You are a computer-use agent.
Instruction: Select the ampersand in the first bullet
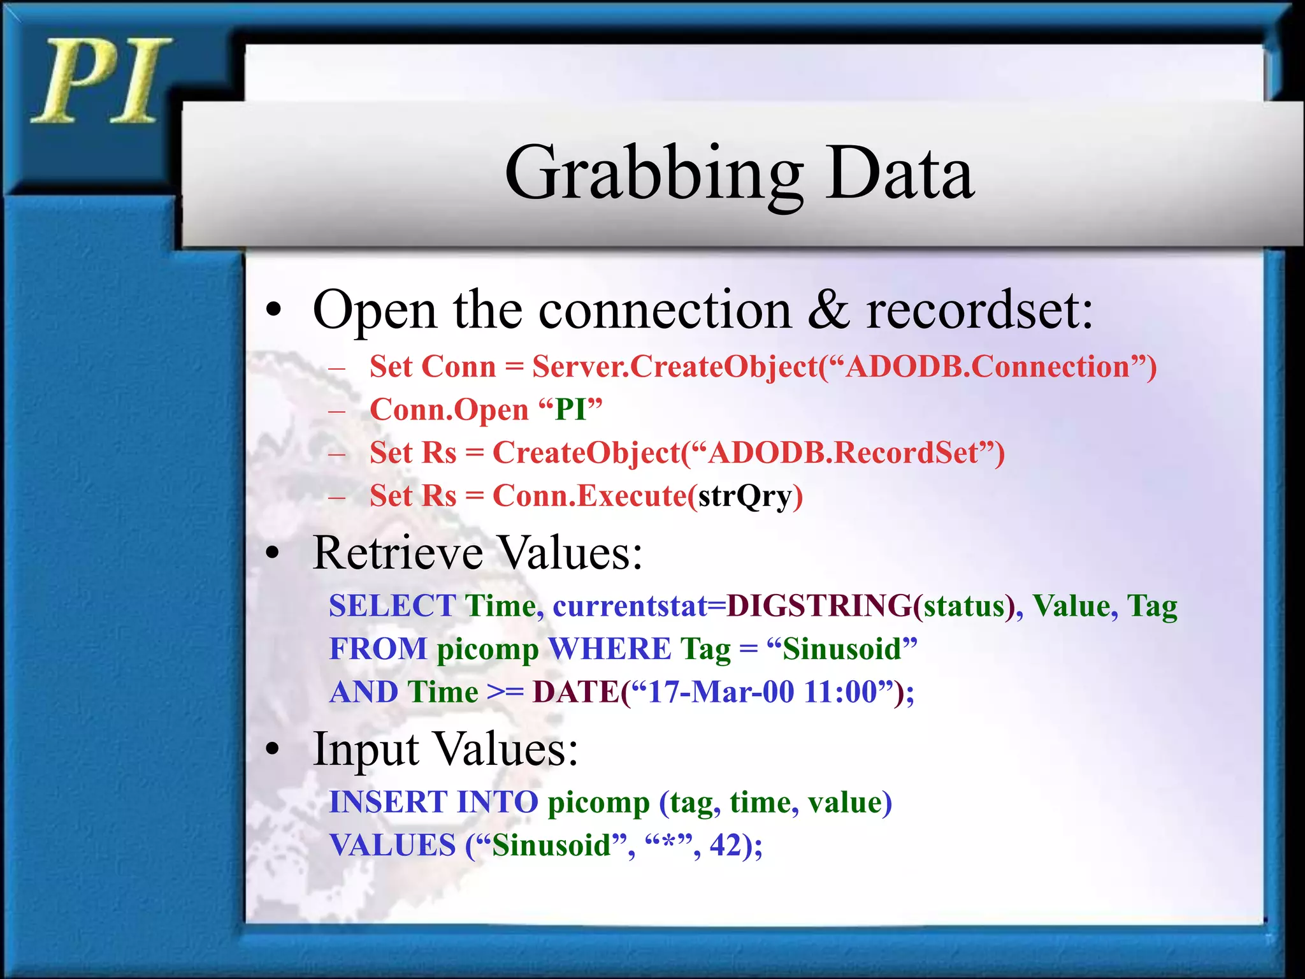(x=828, y=310)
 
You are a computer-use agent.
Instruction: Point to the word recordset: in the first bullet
(x=979, y=310)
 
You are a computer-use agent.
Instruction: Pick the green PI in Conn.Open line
(x=570, y=410)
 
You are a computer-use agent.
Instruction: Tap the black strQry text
(x=744, y=496)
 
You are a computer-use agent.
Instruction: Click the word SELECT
(x=392, y=606)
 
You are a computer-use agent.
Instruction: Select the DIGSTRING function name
(x=819, y=606)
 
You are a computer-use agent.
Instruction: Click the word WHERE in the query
(x=609, y=649)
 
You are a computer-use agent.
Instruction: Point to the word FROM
(x=378, y=649)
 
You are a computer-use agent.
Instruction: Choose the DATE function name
(x=575, y=692)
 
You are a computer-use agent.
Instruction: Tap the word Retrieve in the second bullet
(x=398, y=552)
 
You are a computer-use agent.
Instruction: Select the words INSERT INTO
(x=433, y=802)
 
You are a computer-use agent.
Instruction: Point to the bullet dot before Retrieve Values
(x=273, y=553)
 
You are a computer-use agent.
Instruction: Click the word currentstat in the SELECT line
(x=630, y=606)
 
